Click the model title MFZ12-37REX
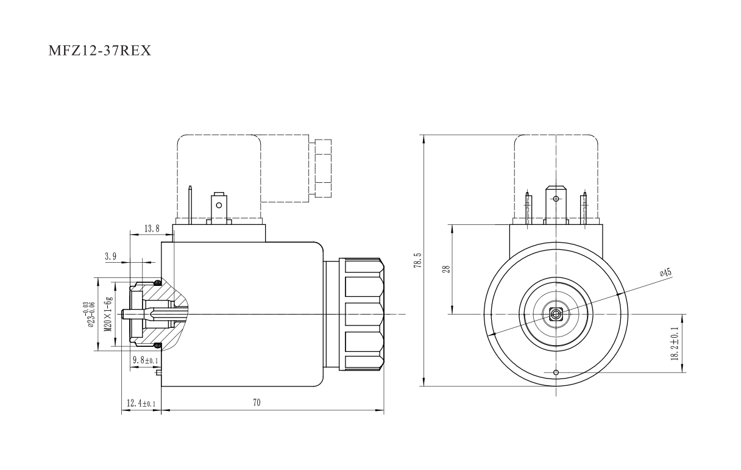click(99, 50)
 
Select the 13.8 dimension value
click(152, 229)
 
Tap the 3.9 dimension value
click(110, 257)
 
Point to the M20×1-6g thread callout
click(108, 313)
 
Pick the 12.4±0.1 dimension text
click(141, 404)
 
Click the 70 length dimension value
click(257, 403)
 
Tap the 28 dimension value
click(445, 269)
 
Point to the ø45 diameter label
click(665, 272)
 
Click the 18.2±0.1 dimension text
click(675, 343)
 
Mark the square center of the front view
click(555, 314)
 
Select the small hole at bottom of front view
click(555, 372)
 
